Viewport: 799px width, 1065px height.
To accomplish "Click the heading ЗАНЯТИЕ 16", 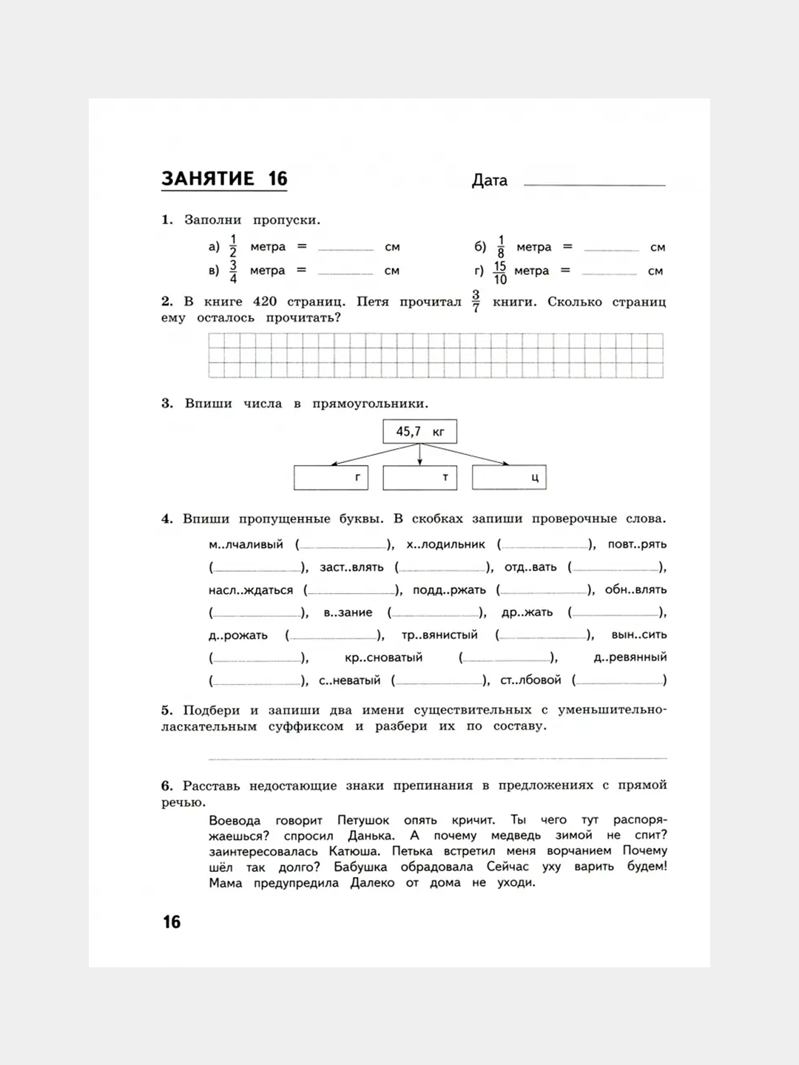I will [x=224, y=179].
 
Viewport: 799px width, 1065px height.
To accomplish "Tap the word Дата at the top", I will [x=490, y=180].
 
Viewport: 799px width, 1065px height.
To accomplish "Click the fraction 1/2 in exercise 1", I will [x=233, y=246].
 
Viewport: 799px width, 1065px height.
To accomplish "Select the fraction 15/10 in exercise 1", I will [x=500, y=272].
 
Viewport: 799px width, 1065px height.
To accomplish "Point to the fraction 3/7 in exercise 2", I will [x=476, y=302].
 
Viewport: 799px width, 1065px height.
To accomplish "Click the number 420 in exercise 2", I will [x=264, y=302].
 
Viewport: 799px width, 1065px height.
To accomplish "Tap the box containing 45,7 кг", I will [x=419, y=432].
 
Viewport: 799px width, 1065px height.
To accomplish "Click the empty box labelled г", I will [x=331, y=478].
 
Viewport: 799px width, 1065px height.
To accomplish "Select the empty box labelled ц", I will [x=509, y=478].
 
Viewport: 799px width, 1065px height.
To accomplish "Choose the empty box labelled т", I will [x=419, y=478].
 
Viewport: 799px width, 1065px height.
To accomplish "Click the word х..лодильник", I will [x=445, y=544].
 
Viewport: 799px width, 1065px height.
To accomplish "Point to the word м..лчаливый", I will [x=246, y=544].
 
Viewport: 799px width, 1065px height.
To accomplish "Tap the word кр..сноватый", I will [x=383, y=657].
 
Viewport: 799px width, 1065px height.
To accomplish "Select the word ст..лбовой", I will [x=530, y=680].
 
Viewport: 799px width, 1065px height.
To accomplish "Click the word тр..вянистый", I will [x=439, y=635].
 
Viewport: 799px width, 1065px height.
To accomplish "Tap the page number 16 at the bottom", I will [x=172, y=922].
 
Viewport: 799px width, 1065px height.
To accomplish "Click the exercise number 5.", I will [x=166, y=711].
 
